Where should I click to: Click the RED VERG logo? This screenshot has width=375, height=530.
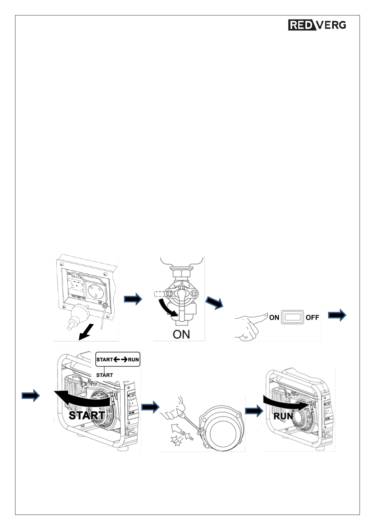317,25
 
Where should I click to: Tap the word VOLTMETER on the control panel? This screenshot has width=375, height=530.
78,297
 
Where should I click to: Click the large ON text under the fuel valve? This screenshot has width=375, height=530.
181,334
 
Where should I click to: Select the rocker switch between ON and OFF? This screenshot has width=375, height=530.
293,317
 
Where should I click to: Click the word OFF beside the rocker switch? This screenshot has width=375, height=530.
312,318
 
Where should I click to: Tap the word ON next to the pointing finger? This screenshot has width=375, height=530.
274,318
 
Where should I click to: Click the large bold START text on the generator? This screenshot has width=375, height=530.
87,415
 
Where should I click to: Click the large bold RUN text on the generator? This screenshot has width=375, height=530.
283,416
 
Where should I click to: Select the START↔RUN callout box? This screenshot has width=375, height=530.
117,359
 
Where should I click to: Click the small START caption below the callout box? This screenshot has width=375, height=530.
104,375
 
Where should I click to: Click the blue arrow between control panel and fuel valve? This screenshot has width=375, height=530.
133,299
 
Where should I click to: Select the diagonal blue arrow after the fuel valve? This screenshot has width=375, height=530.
214,303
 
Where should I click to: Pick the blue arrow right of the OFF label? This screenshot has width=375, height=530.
337,315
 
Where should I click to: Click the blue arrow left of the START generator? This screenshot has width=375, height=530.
31,395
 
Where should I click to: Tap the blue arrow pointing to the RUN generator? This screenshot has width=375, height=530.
254,411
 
